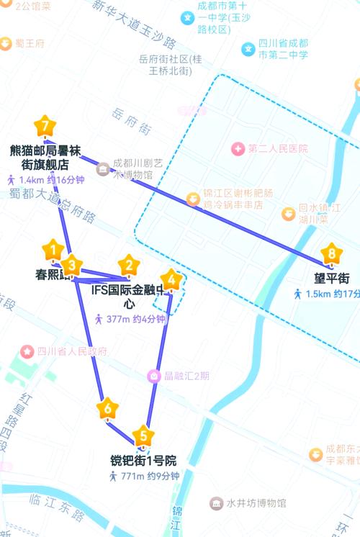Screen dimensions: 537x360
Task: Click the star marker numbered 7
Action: click(x=45, y=127)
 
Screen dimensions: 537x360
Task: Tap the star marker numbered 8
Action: click(x=331, y=253)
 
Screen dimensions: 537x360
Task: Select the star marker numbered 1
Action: click(x=53, y=251)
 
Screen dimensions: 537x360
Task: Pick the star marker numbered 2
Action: click(x=129, y=265)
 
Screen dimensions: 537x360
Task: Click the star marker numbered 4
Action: click(x=171, y=279)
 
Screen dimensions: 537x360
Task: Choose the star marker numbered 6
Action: click(x=108, y=410)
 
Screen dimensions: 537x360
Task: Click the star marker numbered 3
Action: click(x=71, y=263)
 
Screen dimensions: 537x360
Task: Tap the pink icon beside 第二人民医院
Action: click(x=237, y=148)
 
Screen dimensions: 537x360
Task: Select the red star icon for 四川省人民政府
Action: click(x=27, y=351)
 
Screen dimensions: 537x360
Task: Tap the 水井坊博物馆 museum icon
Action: click(x=216, y=502)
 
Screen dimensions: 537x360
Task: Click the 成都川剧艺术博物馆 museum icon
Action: click(x=102, y=168)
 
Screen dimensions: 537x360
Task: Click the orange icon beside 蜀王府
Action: click(x=6, y=43)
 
